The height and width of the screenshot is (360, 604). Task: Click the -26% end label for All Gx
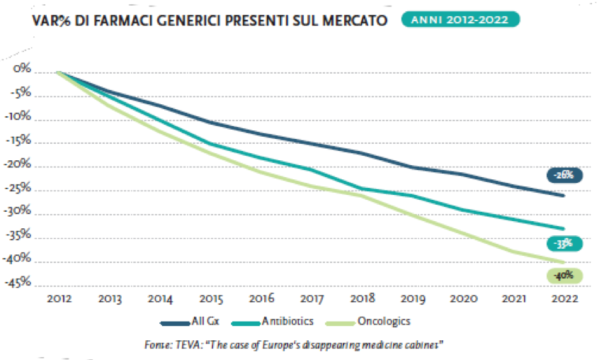point(564,174)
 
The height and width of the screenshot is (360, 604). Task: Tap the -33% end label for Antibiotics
point(564,243)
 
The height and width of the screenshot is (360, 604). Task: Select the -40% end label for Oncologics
point(564,275)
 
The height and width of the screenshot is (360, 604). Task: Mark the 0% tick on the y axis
point(23,69)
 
